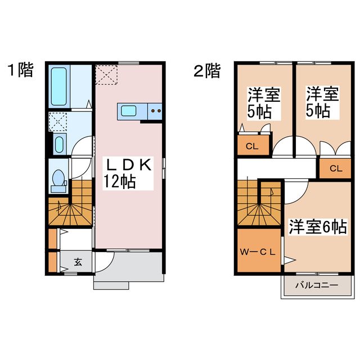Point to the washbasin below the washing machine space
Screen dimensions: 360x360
[58, 145]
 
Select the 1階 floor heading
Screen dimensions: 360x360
[20, 71]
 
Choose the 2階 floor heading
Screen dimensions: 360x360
[206, 71]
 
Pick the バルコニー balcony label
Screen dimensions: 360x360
[317, 285]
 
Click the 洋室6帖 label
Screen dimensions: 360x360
[318, 227]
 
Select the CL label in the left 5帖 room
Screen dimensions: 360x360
[252, 147]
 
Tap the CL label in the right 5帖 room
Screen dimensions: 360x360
[335, 168]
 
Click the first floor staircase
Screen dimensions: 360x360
[70, 208]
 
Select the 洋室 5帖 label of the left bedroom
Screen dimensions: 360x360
[264, 102]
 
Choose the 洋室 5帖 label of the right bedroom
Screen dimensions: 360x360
[322, 102]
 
